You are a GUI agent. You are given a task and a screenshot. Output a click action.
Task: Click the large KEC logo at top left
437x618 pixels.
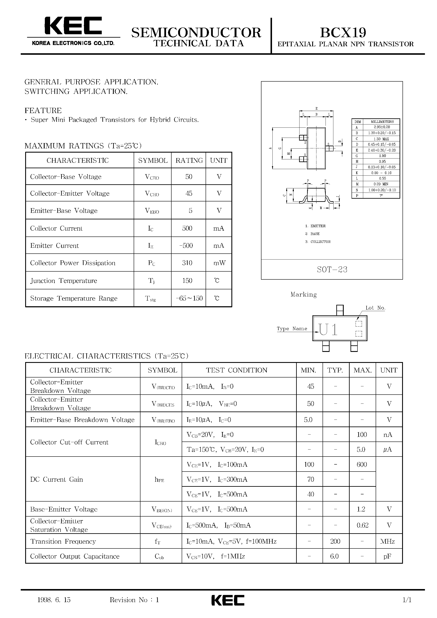coord(73,26)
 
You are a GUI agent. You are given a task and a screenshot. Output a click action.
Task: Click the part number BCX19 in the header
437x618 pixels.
coord(343,33)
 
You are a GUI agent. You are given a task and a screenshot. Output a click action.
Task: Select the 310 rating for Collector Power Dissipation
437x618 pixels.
coord(187,263)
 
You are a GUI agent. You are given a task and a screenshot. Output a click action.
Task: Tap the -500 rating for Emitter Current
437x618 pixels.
coord(186,245)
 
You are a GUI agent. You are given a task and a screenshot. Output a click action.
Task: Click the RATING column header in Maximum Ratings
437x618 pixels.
coord(189,160)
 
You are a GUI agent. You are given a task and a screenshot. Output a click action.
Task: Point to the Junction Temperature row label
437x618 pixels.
coord(64,280)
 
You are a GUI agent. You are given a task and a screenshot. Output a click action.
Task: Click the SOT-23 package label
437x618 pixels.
coord(332,269)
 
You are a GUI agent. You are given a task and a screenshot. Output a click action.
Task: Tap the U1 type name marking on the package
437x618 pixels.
coord(328,329)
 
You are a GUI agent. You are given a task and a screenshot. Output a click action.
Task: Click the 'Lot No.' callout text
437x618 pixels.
coord(375,308)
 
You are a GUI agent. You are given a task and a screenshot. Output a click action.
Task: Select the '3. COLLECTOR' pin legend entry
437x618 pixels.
coord(318,242)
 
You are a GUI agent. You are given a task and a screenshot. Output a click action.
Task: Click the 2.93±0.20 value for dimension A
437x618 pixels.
coord(382,127)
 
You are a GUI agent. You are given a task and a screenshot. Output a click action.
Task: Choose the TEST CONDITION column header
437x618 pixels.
coord(236,370)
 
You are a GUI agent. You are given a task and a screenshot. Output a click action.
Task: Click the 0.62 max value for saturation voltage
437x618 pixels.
coord(362,525)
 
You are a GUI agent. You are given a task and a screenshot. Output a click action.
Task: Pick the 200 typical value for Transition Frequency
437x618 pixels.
coord(335,541)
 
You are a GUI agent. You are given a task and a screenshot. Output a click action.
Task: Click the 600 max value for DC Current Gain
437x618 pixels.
coord(361,464)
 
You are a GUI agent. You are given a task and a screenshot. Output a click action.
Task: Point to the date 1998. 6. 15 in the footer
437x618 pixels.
coord(54,600)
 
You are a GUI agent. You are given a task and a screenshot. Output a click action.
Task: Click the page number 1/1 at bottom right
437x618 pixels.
coord(407,600)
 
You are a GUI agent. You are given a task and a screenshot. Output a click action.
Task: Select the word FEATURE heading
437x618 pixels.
coord(43,110)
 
